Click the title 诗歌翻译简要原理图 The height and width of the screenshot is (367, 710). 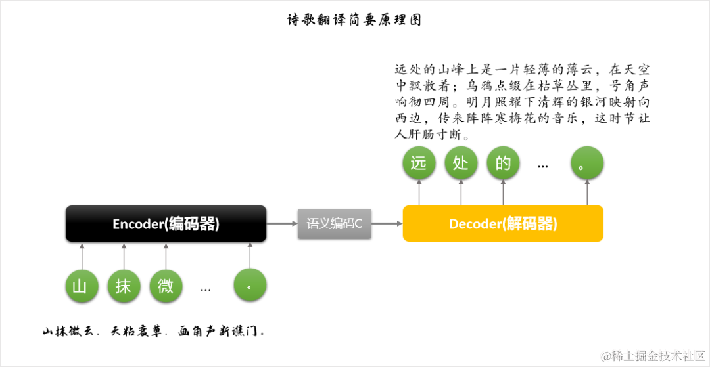click(x=354, y=20)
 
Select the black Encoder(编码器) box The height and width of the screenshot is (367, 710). click(x=166, y=224)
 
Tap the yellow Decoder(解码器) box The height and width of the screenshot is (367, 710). click(x=503, y=224)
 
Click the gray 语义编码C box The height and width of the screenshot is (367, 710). click(x=335, y=223)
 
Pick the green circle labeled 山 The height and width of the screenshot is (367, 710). click(x=82, y=286)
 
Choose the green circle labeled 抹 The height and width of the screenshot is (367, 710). click(x=124, y=286)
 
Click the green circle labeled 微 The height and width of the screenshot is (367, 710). click(x=166, y=286)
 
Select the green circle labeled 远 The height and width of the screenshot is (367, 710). click(x=419, y=163)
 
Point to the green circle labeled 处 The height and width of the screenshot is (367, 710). click(x=461, y=163)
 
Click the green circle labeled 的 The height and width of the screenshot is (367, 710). click(x=503, y=163)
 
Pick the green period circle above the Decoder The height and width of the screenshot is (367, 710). click(x=587, y=163)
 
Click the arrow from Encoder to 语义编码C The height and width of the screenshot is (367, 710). click(x=282, y=224)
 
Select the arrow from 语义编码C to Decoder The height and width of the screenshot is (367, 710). click(x=387, y=224)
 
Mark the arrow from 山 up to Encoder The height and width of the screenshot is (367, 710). click(x=82, y=255)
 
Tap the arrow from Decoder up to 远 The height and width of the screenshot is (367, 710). click(x=419, y=192)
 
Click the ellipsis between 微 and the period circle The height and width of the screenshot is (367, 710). click(x=206, y=288)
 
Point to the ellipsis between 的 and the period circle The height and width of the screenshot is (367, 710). click(x=543, y=165)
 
